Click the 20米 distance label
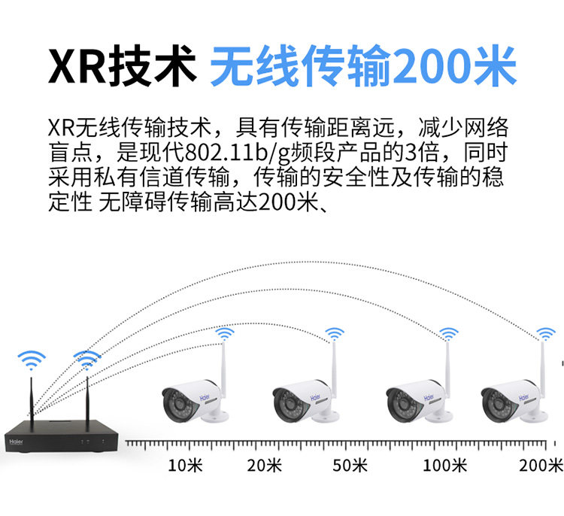coord(264,465)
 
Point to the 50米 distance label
coord(350,465)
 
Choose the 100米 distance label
coord(444,465)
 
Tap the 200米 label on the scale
coord(541,465)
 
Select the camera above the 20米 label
coord(301,399)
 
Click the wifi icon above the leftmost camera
coord(224,333)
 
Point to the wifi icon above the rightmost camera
coord(544,333)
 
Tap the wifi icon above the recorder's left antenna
coord(32,359)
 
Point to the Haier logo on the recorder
coord(16,436)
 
